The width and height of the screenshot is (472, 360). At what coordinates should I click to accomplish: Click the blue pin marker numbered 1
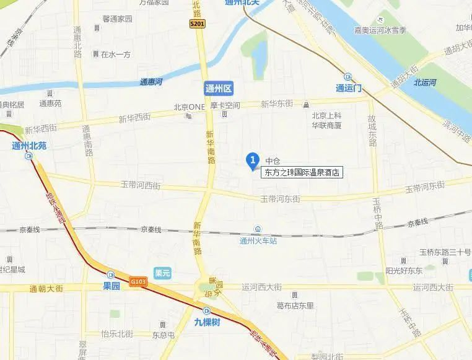(252, 160)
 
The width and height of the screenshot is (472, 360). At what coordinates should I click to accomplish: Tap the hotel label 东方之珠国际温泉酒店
(304, 172)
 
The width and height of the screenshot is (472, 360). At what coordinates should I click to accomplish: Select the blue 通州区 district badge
(218, 89)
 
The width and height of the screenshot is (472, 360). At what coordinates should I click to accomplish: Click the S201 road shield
(197, 24)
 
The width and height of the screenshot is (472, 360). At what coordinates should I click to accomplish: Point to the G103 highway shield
(139, 282)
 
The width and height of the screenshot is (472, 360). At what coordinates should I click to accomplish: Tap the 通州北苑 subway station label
(29, 146)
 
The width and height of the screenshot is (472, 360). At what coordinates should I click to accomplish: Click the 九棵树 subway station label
(207, 322)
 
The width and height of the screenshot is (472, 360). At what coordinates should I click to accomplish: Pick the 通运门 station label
(349, 87)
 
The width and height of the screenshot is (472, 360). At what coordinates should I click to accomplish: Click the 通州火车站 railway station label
(258, 241)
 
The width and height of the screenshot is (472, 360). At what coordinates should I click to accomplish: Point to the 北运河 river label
(426, 82)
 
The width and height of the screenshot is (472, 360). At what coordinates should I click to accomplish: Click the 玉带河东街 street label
(280, 199)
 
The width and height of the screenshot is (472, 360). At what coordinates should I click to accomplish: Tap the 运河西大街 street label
(261, 287)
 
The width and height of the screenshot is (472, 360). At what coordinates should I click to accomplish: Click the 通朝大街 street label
(46, 289)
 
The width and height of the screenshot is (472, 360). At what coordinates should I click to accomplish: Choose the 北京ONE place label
(190, 106)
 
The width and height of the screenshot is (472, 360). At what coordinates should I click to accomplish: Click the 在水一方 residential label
(116, 55)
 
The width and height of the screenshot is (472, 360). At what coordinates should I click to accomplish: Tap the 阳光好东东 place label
(404, 270)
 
